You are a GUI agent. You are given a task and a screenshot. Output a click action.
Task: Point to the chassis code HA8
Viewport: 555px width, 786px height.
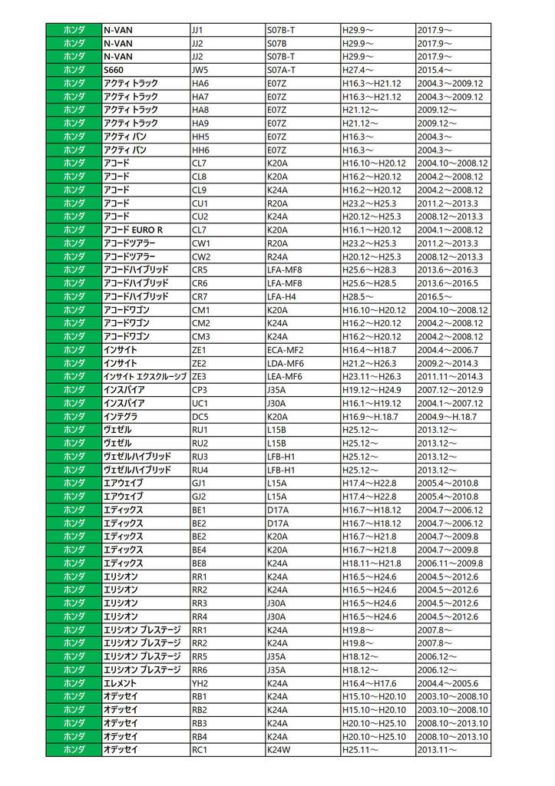click(200, 110)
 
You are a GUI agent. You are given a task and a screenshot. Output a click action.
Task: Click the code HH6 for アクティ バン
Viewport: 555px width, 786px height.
click(200, 150)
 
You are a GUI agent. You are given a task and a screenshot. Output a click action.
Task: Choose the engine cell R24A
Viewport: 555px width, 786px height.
click(277, 256)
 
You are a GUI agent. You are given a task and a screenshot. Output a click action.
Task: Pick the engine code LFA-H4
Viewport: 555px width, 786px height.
click(281, 296)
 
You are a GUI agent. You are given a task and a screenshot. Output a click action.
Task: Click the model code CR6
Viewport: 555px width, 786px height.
click(200, 283)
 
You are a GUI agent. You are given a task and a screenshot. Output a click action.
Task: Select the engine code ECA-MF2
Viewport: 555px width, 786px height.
click(285, 350)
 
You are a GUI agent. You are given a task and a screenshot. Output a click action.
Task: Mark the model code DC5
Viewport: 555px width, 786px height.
click(200, 416)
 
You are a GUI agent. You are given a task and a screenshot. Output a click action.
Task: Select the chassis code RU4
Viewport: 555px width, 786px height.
click(200, 470)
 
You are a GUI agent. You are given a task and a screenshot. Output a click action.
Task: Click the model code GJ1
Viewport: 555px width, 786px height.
click(200, 483)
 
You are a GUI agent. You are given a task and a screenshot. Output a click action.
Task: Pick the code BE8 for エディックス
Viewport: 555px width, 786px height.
click(200, 563)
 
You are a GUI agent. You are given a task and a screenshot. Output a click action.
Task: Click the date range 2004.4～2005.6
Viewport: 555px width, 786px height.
click(448, 683)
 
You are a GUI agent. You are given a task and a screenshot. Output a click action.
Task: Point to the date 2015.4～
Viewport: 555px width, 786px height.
click(434, 70)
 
